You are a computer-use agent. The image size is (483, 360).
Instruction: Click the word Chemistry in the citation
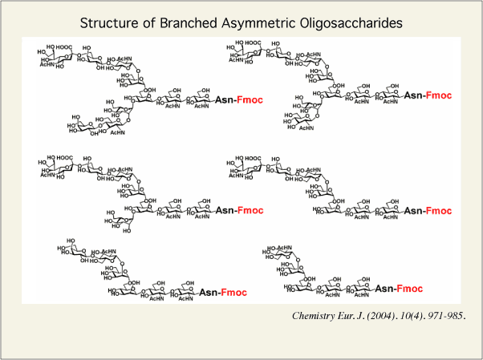pos(316,315)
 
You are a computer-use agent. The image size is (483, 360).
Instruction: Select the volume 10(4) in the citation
pos(409,315)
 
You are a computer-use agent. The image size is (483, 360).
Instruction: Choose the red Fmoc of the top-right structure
pos(439,95)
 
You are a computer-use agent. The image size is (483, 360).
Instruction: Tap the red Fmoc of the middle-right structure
pos(439,210)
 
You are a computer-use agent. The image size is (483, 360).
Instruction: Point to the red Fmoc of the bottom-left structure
pos(234,292)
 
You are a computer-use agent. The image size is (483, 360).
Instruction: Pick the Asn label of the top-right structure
pos(412,95)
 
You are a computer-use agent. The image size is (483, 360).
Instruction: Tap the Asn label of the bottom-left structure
pos(208,292)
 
